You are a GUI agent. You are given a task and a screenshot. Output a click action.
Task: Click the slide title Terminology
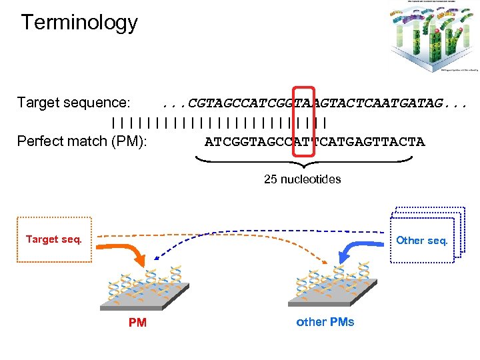[79, 23]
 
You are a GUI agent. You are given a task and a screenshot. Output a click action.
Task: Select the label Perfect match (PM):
[82, 141]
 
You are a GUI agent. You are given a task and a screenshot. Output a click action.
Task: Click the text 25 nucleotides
[302, 179]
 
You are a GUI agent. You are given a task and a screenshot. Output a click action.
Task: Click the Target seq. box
[54, 239]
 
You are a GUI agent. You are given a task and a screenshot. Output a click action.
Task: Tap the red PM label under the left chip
[137, 323]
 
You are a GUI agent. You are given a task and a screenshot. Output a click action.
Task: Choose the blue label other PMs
[325, 322]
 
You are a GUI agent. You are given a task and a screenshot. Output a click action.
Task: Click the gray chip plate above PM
[144, 297]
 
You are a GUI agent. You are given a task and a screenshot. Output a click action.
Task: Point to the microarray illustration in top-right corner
[433, 36]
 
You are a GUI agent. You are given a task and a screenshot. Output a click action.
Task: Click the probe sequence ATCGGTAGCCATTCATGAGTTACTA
[314, 141]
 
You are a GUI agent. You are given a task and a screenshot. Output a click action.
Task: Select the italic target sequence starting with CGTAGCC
[314, 103]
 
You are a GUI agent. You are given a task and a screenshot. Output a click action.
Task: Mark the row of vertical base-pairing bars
[219, 122]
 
